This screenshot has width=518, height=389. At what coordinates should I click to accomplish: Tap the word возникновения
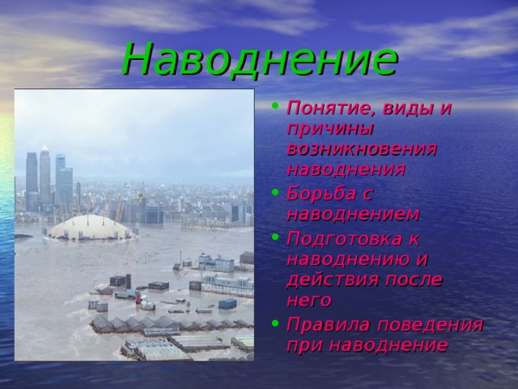pos(362,149)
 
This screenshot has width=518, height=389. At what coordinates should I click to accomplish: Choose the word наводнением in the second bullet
pos(353,215)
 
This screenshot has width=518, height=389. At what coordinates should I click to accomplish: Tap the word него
pos(308,300)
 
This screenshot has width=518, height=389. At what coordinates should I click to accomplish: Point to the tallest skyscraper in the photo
pos(45,174)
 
